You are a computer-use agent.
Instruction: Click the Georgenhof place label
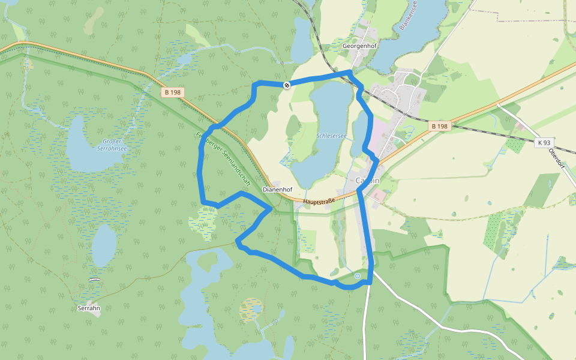(358, 46)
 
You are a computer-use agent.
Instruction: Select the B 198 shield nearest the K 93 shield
(439, 126)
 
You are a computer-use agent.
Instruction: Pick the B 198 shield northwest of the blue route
(172, 92)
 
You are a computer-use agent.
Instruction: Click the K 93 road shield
(544, 143)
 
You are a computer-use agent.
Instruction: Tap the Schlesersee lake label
(331, 137)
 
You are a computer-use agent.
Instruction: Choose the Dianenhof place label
(277, 189)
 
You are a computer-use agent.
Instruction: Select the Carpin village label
(367, 181)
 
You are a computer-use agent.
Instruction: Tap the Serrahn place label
(88, 308)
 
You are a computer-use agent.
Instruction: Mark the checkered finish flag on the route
(287, 85)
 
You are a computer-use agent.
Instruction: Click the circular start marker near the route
(358, 276)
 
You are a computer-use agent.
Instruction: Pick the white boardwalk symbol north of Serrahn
(93, 280)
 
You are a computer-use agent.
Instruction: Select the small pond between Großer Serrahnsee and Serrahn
(104, 245)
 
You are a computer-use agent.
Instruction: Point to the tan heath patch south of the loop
(251, 310)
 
